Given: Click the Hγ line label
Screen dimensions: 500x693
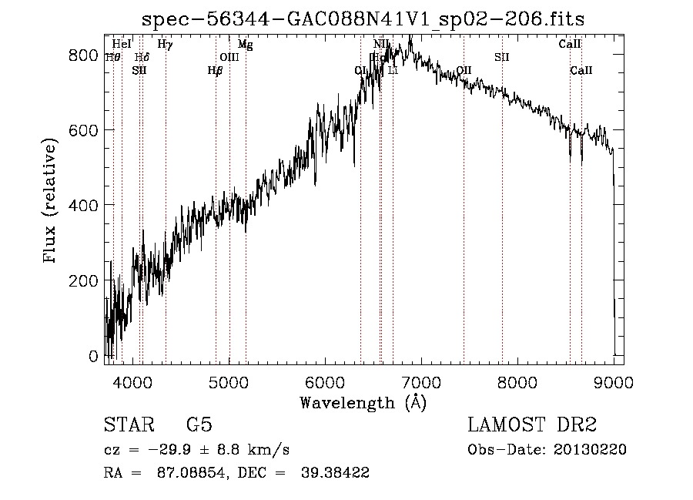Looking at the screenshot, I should [165, 45].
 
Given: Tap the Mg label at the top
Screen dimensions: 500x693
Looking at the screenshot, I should [245, 45].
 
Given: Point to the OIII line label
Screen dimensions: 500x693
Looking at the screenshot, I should [229, 57].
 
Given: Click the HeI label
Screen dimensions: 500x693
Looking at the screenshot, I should [122, 45].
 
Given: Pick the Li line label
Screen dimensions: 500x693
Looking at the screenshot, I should [393, 71].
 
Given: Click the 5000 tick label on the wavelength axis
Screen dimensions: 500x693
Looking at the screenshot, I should [229, 381].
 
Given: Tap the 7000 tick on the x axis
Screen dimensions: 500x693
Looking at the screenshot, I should [421, 381].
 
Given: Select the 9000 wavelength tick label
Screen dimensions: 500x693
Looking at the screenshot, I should [614, 381].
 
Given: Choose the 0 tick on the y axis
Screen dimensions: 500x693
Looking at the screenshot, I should [94, 357].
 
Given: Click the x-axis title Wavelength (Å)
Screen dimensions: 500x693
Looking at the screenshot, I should [363, 402].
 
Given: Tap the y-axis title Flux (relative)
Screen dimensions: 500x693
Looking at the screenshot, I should [52, 202].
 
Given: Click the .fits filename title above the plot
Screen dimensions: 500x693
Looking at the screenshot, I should [363, 18].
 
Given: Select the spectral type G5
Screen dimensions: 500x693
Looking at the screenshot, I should [199, 426].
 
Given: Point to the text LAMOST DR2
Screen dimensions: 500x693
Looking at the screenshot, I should [532, 426].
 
